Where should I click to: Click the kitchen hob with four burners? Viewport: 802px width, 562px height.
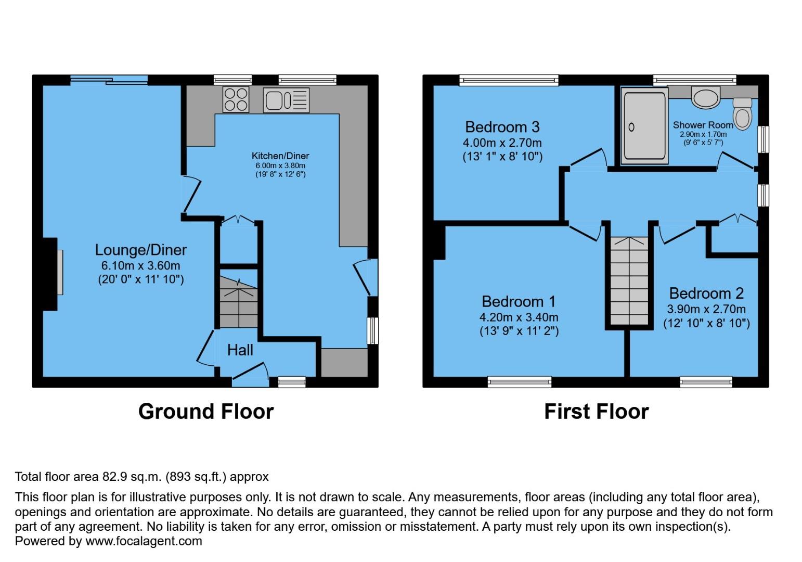tap(236, 99)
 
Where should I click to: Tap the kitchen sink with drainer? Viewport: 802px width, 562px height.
tap(286, 100)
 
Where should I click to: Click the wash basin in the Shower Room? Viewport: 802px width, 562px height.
tap(705, 97)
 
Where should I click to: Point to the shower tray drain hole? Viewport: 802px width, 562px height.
tap(632, 127)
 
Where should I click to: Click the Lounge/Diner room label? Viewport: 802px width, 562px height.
tap(140, 250)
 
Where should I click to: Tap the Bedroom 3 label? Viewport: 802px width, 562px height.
tap(502, 127)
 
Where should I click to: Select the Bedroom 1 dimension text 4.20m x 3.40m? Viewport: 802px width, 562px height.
tap(519, 317)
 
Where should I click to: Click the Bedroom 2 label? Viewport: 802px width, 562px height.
tap(706, 293)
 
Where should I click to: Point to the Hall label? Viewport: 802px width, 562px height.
tap(240, 350)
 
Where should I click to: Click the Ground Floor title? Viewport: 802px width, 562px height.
tap(205, 412)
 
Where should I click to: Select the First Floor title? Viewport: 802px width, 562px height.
tap(596, 412)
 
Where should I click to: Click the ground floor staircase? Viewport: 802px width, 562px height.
tap(238, 303)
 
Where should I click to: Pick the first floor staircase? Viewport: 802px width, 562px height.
tap(629, 281)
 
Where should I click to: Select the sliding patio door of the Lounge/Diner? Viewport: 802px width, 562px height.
tap(109, 80)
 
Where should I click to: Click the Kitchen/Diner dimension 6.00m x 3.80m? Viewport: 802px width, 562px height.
tap(280, 165)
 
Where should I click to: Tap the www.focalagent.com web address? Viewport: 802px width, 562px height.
tap(144, 541)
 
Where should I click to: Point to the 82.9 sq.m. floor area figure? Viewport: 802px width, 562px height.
tap(129, 477)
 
